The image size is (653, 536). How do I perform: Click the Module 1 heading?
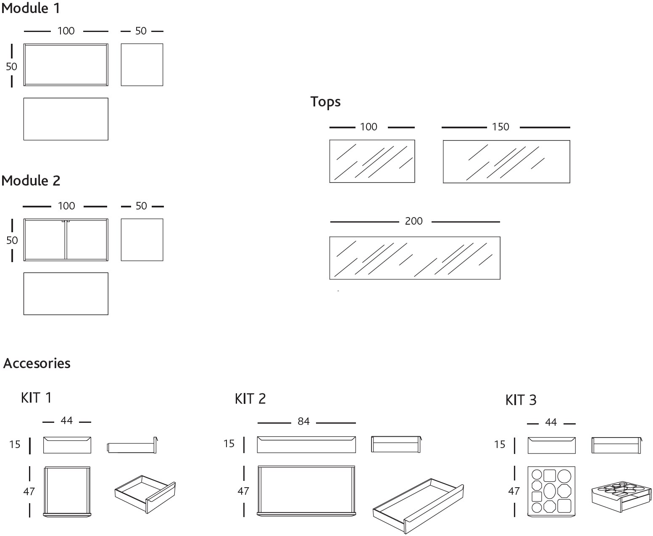31,8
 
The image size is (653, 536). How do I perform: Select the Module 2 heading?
31,181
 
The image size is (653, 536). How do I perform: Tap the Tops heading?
326,102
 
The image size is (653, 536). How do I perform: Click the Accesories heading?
37,364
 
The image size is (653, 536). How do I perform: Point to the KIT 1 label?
36,398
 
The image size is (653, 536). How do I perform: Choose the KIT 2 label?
250,398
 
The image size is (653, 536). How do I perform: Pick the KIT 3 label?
521,400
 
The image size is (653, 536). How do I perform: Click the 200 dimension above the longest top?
414,221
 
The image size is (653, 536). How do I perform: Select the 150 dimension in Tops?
501,127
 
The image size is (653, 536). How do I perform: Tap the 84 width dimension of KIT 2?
303,421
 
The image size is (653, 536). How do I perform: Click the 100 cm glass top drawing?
372,162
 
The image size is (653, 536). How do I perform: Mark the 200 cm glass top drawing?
414,258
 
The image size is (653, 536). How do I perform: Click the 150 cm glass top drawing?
506,162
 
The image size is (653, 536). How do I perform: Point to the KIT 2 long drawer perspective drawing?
418,505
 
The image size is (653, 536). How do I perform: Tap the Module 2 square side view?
142,240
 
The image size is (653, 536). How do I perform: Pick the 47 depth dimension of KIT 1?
29,491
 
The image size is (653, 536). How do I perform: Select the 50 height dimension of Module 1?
11,66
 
